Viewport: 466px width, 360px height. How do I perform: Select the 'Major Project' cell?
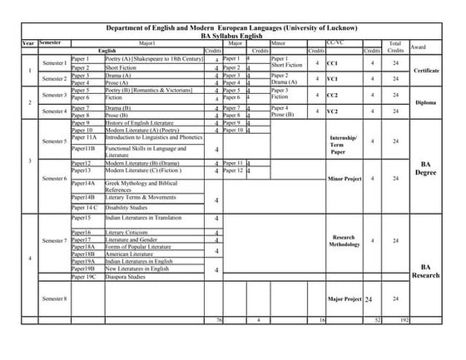(343, 298)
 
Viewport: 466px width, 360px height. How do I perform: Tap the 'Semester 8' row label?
(54, 298)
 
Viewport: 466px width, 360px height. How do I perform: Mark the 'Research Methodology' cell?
(344, 241)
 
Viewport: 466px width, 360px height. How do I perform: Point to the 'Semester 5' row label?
(54, 141)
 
